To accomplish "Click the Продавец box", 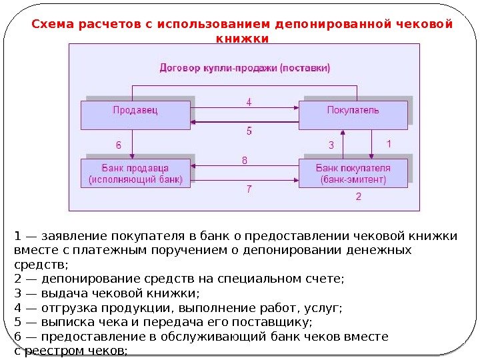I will pos(135,114).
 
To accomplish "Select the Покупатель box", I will pos(353,114).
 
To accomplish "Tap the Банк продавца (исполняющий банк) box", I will pos(135,173).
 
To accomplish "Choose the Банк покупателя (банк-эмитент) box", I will pos(353,173).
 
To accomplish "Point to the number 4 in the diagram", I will pos(249,103).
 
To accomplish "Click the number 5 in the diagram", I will pos(249,131).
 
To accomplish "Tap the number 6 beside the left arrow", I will pos(119,144).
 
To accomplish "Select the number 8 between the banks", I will pos(245,160).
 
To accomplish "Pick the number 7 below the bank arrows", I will pos(249,189).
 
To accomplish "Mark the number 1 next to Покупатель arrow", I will pos(389,143).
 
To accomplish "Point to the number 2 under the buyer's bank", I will pos(359,197).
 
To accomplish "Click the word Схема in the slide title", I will pos(53,25).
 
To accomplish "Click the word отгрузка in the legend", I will pos(66,308).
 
